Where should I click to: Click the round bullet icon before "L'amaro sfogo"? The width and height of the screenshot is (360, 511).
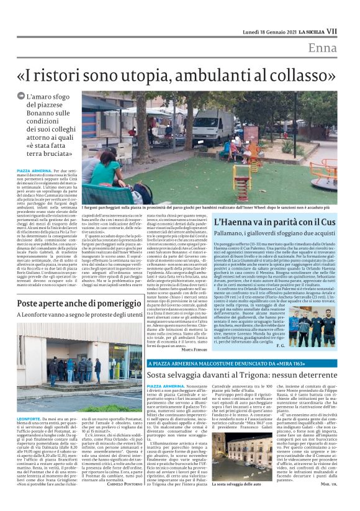[21, 97]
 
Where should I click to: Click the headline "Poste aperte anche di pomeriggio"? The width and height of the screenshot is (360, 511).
[71, 302]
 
